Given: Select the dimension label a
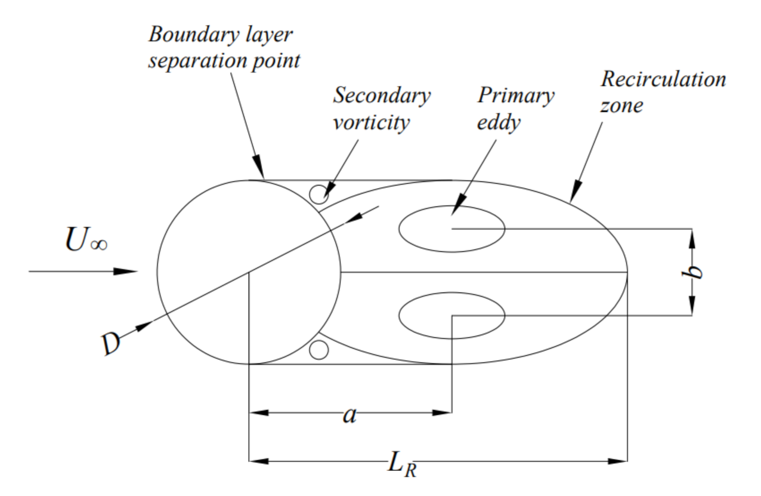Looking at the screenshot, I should [x=349, y=414].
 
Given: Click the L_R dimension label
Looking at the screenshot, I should [x=401, y=463].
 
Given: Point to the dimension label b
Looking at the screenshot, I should [x=692, y=273].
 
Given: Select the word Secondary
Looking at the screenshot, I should [x=381, y=96].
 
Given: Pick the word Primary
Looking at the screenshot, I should [x=515, y=96].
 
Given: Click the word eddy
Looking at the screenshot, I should [x=500, y=123].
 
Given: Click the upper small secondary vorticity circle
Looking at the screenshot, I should [x=319, y=193].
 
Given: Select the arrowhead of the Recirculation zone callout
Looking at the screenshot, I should [x=574, y=195].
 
